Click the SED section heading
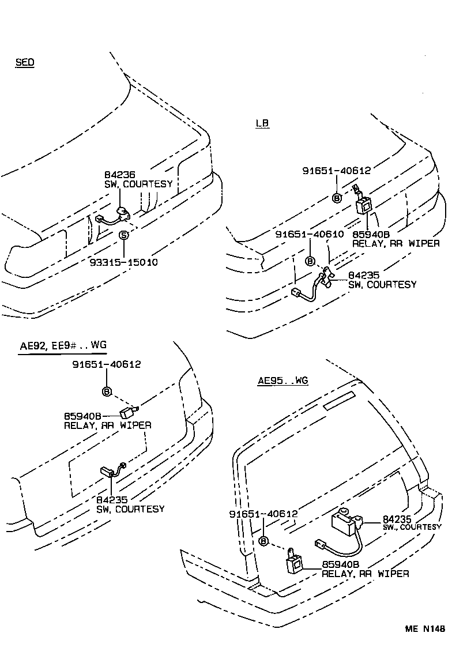(x=25, y=62)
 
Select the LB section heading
(x=262, y=123)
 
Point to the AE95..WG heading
(x=283, y=380)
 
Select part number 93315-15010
(x=123, y=262)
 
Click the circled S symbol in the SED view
(x=123, y=235)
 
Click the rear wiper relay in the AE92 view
(x=127, y=412)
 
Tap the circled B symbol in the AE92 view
(x=107, y=391)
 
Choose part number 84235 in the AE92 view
(x=112, y=500)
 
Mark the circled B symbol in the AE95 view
(x=263, y=541)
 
